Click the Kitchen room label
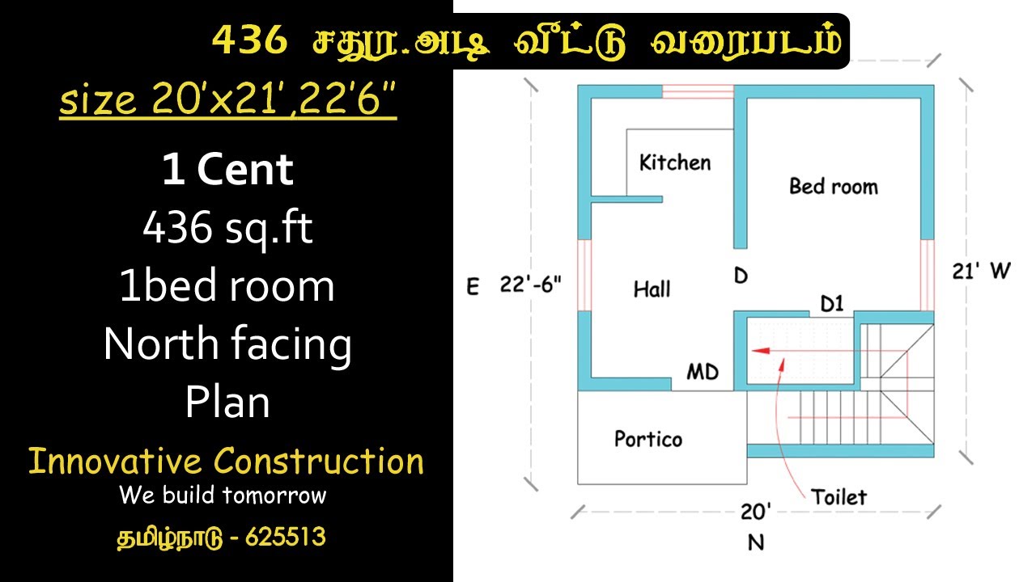click(x=675, y=162)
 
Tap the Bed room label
click(x=834, y=186)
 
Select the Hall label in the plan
click(x=652, y=289)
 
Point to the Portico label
click(x=648, y=439)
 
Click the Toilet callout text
click(x=839, y=497)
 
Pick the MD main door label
click(x=703, y=372)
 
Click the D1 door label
click(x=831, y=303)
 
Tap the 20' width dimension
click(x=756, y=512)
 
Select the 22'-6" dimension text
click(x=530, y=284)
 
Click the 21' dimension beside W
click(x=966, y=271)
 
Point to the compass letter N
click(x=756, y=542)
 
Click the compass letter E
click(x=473, y=286)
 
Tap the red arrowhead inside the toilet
click(x=761, y=351)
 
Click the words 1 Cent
click(x=227, y=170)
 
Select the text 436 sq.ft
click(x=227, y=227)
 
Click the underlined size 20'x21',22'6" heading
click(x=228, y=99)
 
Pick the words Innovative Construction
click(x=226, y=461)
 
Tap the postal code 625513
click(x=286, y=537)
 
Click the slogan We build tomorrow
click(x=223, y=495)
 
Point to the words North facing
click(x=227, y=344)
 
